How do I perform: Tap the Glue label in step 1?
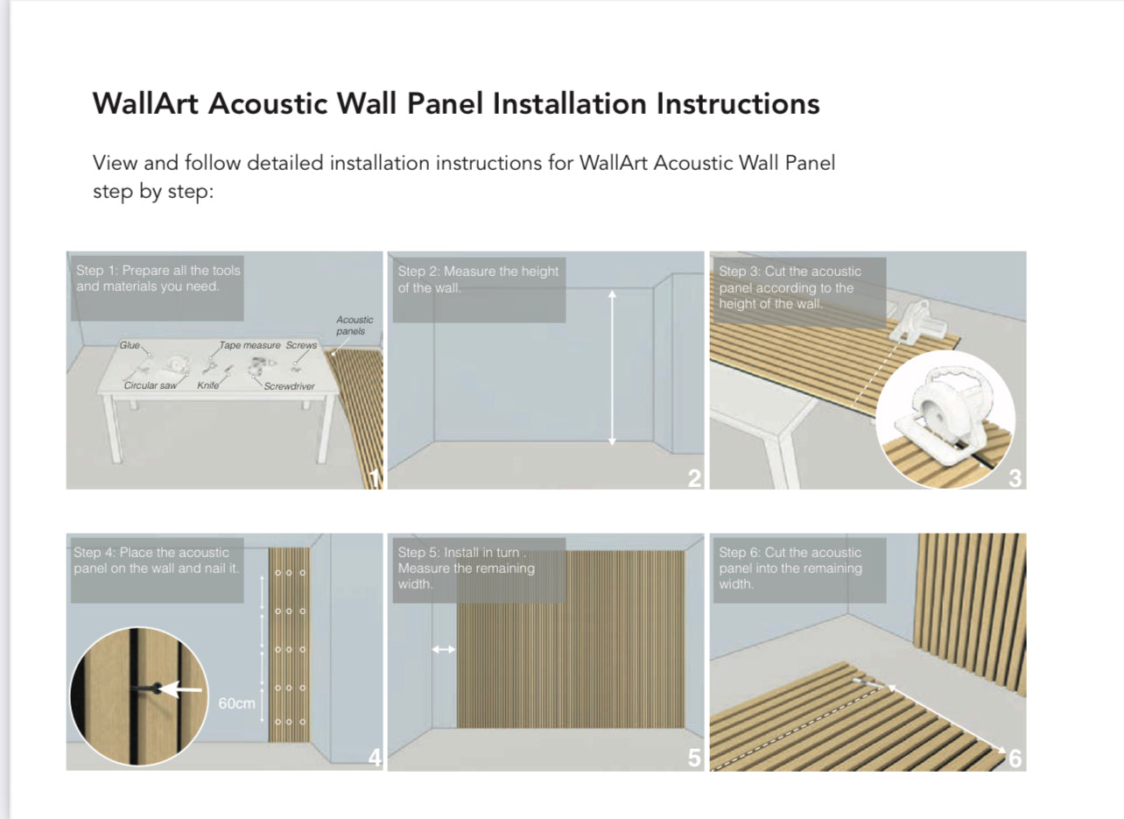pyautogui.click(x=130, y=346)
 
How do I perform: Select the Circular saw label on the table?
pyautogui.click(x=151, y=385)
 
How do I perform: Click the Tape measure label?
pyautogui.click(x=249, y=346)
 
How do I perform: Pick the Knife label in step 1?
pyautogui.click(x=208, y=385)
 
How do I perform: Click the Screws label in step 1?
pyautogui.click(x=301, y=346)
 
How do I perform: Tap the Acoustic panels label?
pyautogui.click(x=355, y=325)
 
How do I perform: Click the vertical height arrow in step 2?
pyautogui.click(x=612, y=368)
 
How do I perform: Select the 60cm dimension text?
pyautogui.click(x=236, y=704)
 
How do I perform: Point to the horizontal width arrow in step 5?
pyautogui.click(x=444, y=649)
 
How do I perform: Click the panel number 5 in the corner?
pyautogui.click(x=694, y=759)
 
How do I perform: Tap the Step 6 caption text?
pyautogui.click(x=790, y=568)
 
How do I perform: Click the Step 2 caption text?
pyautogui.click(x=478, y=279)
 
